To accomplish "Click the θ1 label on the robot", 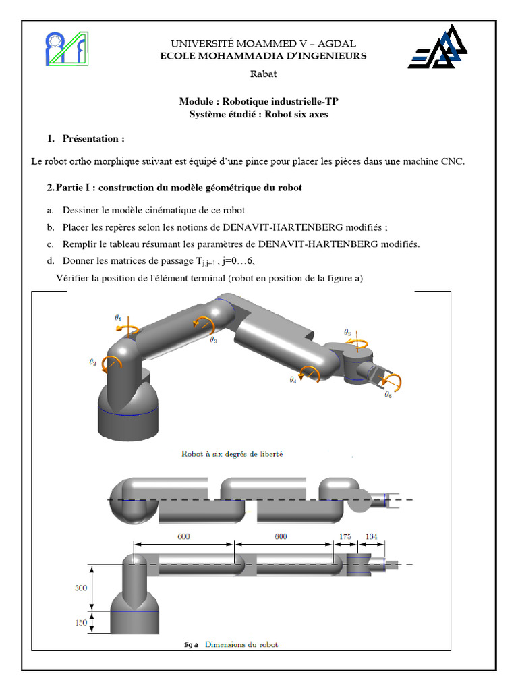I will coord(119,316).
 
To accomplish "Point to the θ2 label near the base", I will coord(93,362).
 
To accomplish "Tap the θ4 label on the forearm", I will coord(293,380).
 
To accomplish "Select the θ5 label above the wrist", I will coord(347,332).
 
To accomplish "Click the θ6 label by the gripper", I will coord(388,395).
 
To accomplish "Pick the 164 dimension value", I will coord(372,536).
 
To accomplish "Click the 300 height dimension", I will coord(80,588).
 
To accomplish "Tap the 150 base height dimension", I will coord(80,623).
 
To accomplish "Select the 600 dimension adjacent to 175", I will coord(281,536).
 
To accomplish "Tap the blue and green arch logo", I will coord(65,49).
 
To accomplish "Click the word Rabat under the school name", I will coord(263,74).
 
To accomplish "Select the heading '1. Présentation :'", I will coord(86,139).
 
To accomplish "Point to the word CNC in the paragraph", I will coord(452,161).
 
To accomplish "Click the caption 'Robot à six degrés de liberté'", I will coord(232,454).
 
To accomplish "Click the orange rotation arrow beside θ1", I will coord(128,329).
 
